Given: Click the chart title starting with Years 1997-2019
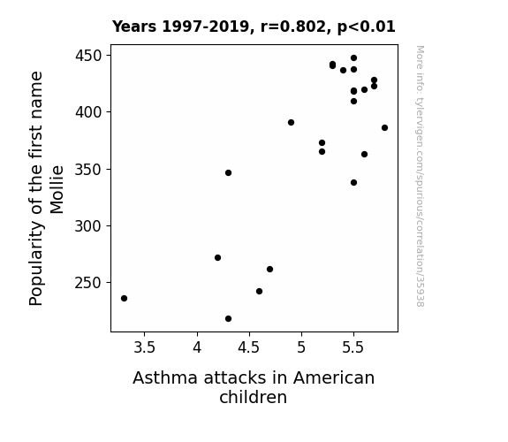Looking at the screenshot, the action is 254,27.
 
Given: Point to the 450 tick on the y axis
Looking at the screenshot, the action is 88,56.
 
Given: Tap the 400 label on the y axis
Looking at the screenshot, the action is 88,112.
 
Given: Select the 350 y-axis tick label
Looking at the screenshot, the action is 88,169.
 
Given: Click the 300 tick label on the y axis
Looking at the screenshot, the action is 88,226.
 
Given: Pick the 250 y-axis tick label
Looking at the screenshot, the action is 88,283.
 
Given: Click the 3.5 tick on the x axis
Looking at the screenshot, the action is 145,347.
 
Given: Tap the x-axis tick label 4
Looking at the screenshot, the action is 197,347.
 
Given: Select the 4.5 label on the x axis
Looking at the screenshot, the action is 249,347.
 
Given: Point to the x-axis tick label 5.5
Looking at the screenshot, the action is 353,347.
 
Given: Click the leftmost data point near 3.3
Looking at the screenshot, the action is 124,298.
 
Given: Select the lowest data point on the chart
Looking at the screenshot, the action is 229,319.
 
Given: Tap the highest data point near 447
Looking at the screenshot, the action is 353,58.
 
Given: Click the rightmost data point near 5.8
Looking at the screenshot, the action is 384,128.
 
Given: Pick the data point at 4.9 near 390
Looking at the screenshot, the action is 291,123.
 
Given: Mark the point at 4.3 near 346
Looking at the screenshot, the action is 229,173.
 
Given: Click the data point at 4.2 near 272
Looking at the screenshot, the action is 217,258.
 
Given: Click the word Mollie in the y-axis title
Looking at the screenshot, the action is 57,190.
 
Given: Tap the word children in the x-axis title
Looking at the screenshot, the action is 254,397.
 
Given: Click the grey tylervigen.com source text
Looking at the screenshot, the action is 420,176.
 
